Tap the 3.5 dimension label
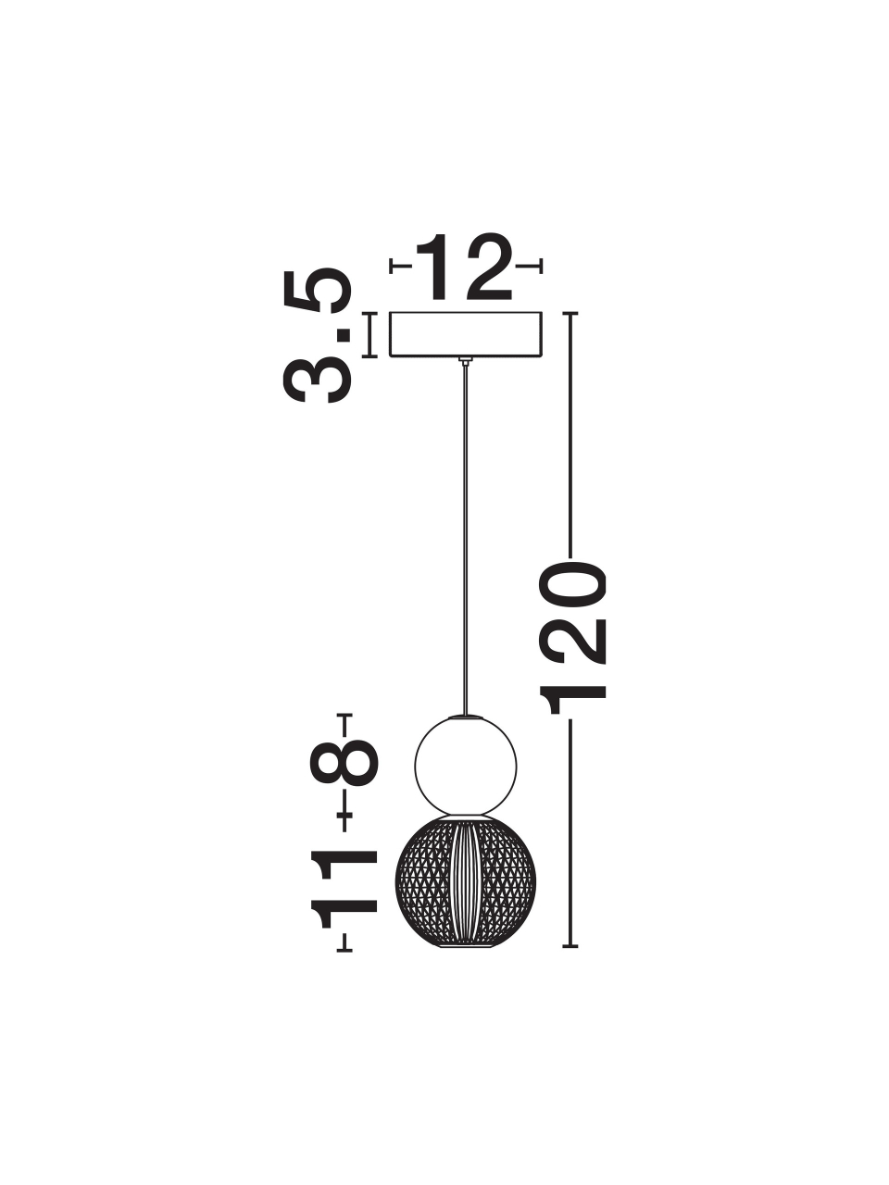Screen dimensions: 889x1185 (x=318, y=336)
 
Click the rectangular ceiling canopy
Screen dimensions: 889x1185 (x=465, y=335)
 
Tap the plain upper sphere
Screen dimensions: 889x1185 (x=465, y=764)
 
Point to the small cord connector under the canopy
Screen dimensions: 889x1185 (x=465, y=361)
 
